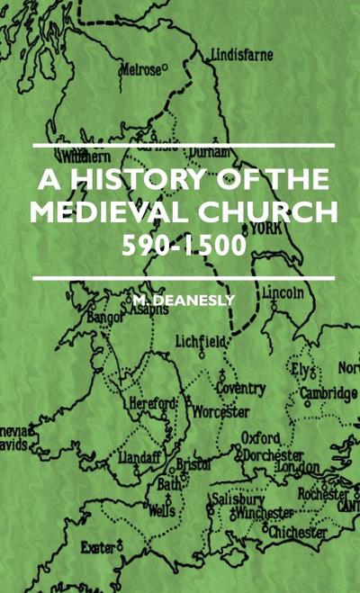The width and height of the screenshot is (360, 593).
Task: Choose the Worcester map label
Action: pyautogui.click(x=220, y=411)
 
